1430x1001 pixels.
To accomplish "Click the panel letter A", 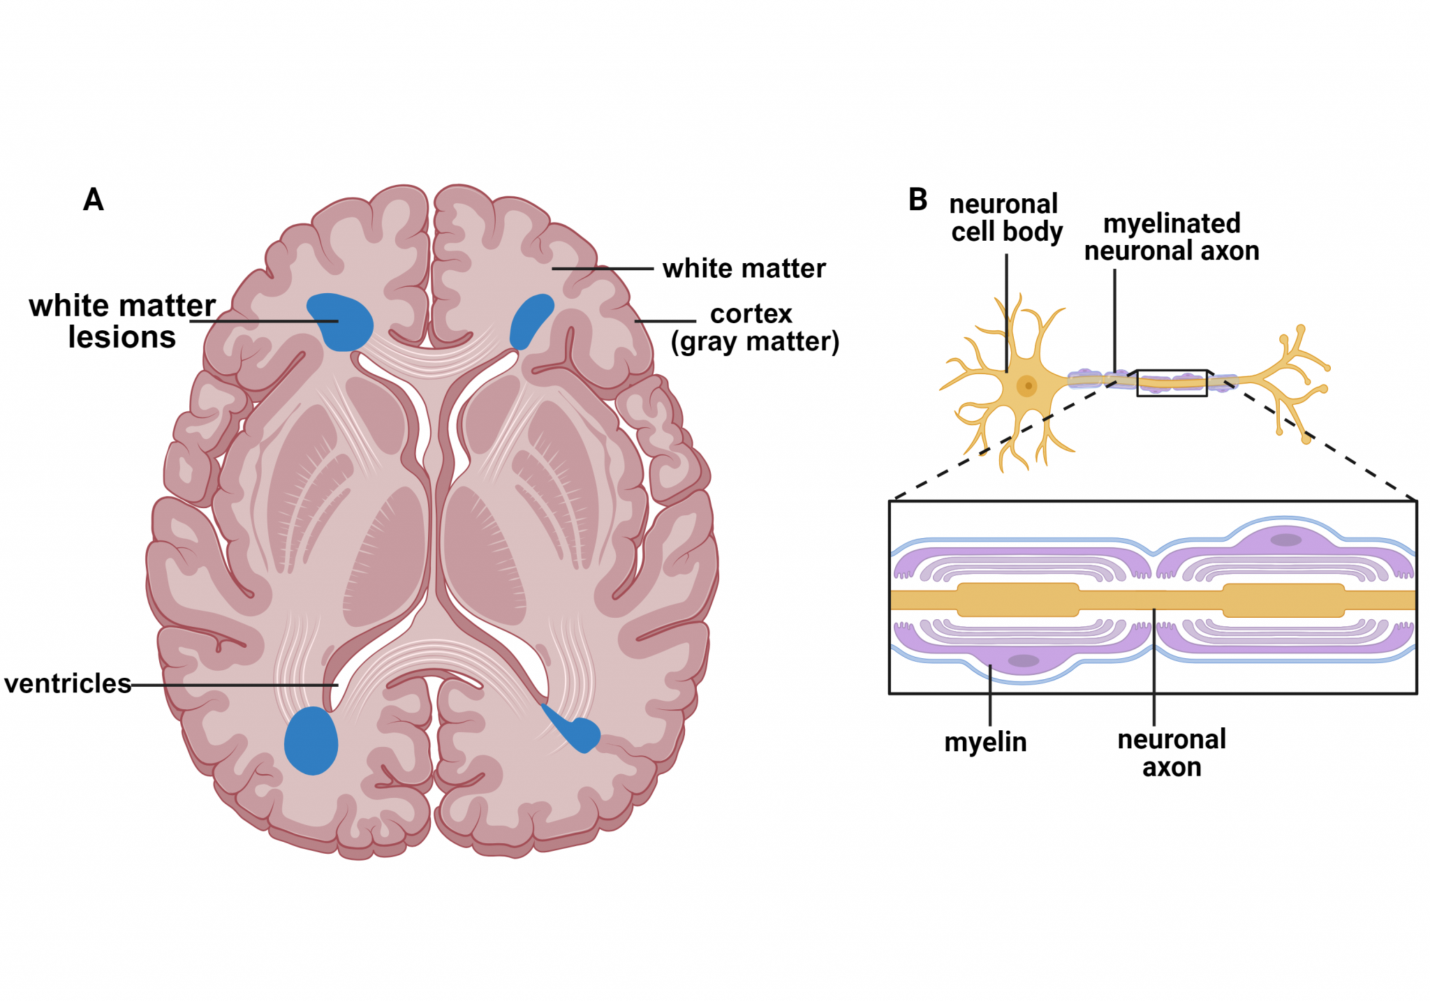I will click(x=94, y=200).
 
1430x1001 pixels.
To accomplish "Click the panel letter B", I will click(x=917, y=200).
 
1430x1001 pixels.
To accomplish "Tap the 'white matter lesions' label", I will click(x=122, y=321).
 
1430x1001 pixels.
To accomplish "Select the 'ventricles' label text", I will click(x=68, y=683).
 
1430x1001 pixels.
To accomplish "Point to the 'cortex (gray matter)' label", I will click(x=754, y=328).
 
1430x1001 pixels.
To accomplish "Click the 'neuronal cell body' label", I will click(x=1005, y=218).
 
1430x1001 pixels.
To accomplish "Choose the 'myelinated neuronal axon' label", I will click(x=1172, y=237).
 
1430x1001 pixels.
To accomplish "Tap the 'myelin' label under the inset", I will click(x=985, y=742).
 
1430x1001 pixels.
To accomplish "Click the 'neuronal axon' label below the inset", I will click(x=1172, y=753).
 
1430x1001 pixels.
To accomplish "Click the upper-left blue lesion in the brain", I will click(x=342, y=321).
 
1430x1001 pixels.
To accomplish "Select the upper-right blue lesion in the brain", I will click(x=531, y=320).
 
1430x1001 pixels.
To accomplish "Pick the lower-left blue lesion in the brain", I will click(x=311, y=741).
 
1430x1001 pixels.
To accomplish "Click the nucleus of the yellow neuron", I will click(x=1027, y=385).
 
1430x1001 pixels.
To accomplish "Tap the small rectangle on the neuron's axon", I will click(x=1172, y=383).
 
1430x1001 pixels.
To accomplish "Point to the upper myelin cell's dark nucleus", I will click(x=1285, y=540).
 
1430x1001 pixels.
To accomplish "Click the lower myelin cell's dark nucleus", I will click(x=1024, y=660).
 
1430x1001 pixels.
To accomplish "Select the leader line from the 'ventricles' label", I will click(x=234, y=685).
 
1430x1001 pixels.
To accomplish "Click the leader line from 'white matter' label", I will click(x=602, y=268).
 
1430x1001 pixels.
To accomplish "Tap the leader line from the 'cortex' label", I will click(x=665, y=321).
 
